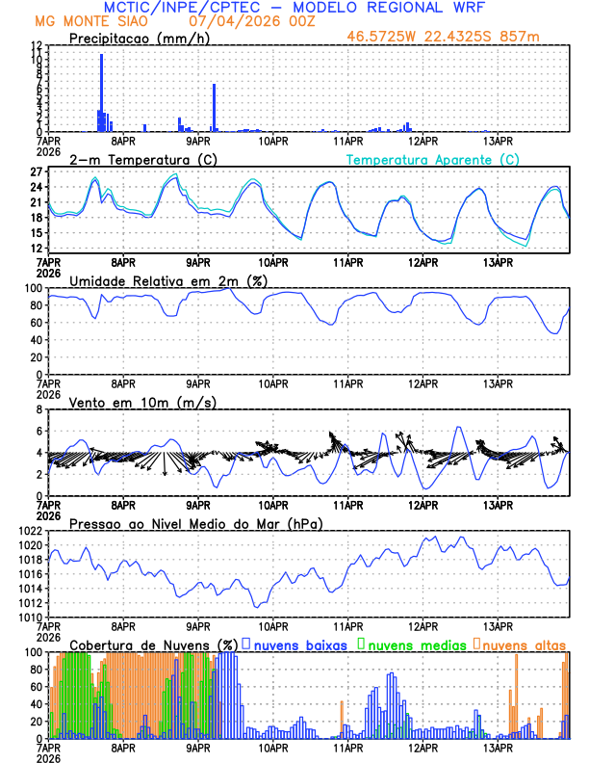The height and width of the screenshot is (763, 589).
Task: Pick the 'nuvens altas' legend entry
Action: click(522, 644)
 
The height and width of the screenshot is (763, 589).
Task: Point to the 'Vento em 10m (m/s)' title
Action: click(142, 402)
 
